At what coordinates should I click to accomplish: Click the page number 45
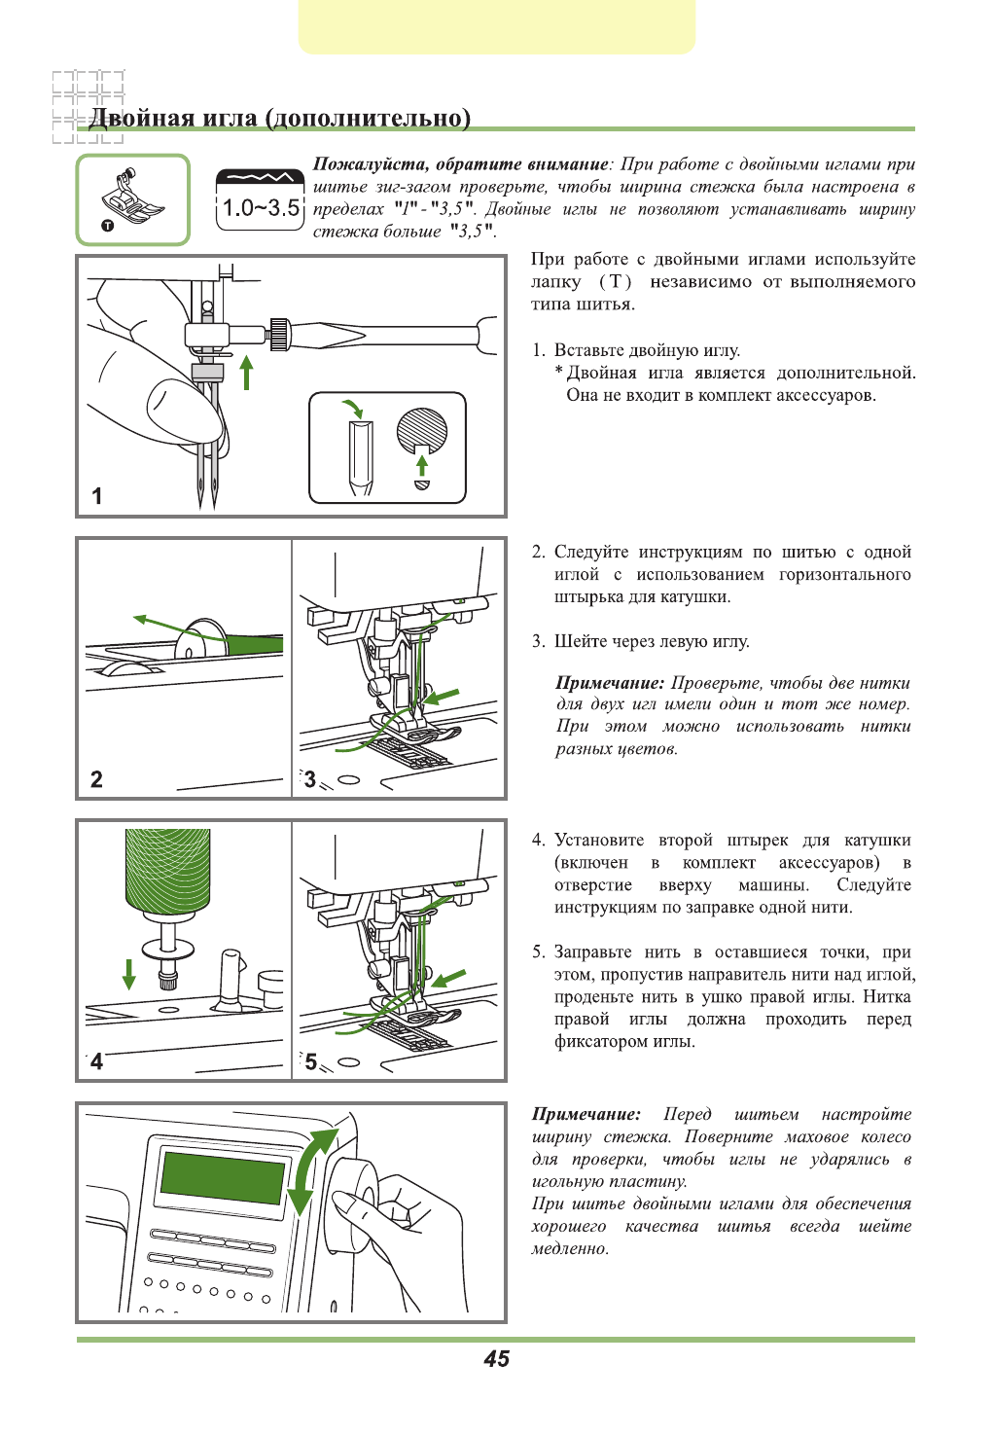pyautogui.click(x=496, y=1359)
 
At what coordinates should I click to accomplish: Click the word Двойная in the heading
pyautogui.click(x=142, y=119)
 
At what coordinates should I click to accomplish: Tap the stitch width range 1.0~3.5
pyautogui.click(x=260, y=207)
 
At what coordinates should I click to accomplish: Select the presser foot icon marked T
pyautogui.click(x=132, y=199)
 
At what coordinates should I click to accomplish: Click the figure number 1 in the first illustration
pyautogui.click(x=96, y=496)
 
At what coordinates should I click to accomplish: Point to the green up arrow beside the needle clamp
pyautogui.click(x=247, y=372)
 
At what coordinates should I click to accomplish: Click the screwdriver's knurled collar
pyautogui.click(x=280, y=334)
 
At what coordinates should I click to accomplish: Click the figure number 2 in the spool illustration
pyautogui.click(x=96, y=779)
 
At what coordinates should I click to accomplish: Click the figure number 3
pyautogui.click(x=309, y=779)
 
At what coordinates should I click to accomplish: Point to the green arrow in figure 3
pyautogui.click(x=443, y=698)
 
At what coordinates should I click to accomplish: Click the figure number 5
pyautogui.click(x=310, y=1061)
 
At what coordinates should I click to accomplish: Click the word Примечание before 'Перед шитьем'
pyautogui.click(x=586, y=1115)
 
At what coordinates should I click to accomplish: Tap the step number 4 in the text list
pyautogui.click(x=538, y=841)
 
